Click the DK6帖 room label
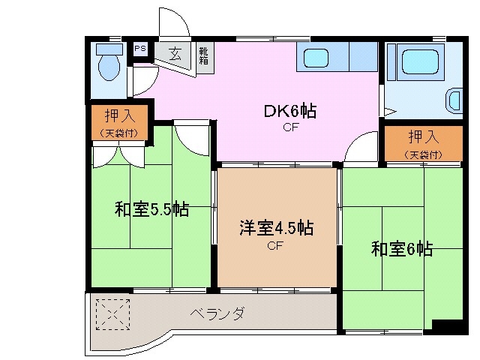tap(289, 112)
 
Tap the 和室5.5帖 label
tap(151, 209)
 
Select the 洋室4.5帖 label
tap(275, 228)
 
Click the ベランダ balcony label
tap(216, 313)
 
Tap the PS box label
tap(139, 49)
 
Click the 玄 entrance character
tap(175, 54)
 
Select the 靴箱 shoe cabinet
tap(203, 55)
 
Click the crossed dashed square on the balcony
tap(112, 313)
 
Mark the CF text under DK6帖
tap(291, 127)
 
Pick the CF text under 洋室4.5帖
tap(275, 244)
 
